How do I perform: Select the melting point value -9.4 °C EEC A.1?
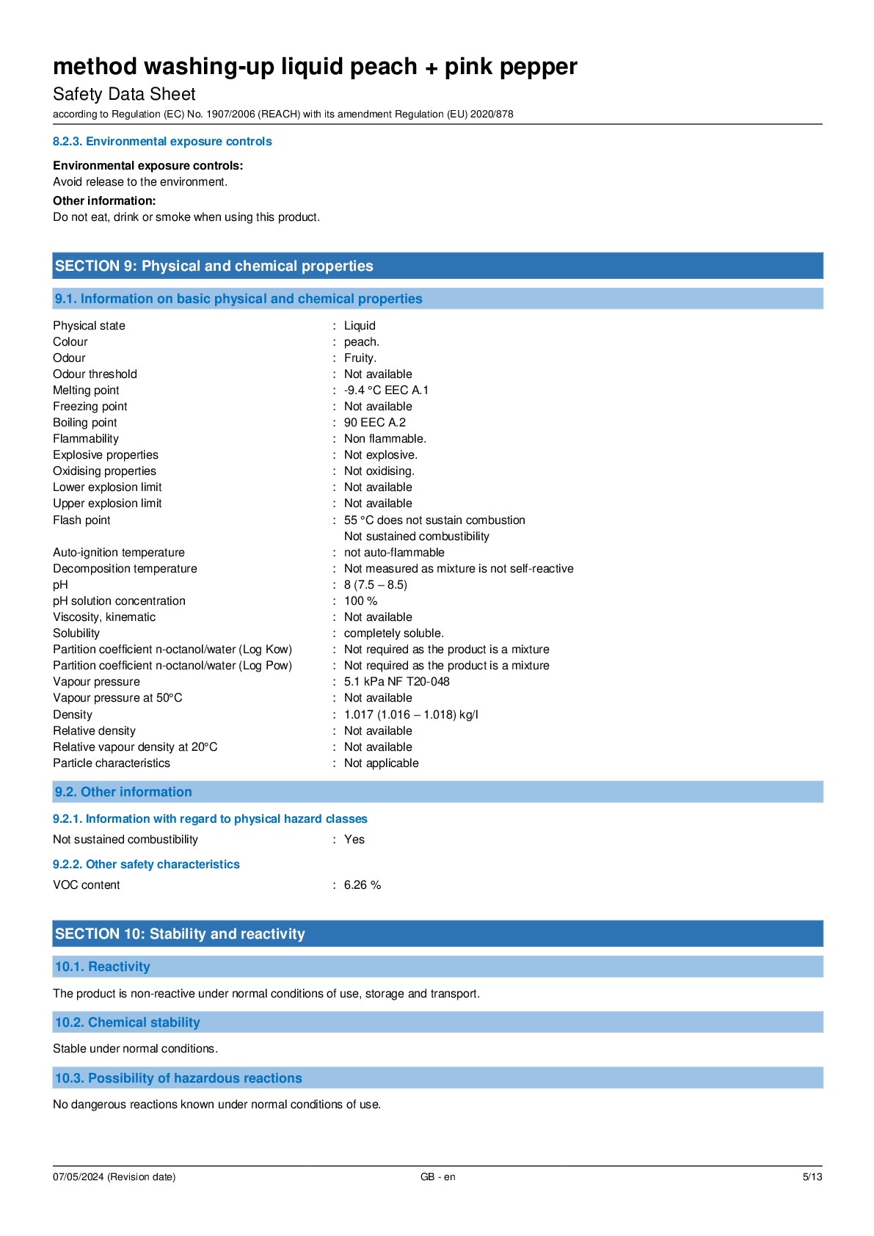386,390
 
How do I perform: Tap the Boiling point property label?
85,423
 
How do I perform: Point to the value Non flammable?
385,439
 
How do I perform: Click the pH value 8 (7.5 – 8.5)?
375,585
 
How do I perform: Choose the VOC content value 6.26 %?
362,885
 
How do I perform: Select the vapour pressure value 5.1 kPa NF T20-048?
396,682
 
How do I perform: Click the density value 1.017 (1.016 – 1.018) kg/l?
410,715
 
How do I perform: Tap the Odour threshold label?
95,374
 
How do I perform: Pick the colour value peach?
361,342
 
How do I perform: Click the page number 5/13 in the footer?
812,1177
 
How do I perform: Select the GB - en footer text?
437,1177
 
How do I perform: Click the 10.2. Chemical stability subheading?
128,1022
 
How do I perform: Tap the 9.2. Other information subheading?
123,792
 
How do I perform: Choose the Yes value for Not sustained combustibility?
354,840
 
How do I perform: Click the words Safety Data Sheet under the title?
124,95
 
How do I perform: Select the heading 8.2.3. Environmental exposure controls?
162,142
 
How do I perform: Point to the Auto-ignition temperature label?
119,553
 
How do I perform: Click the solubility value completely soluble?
393,633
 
